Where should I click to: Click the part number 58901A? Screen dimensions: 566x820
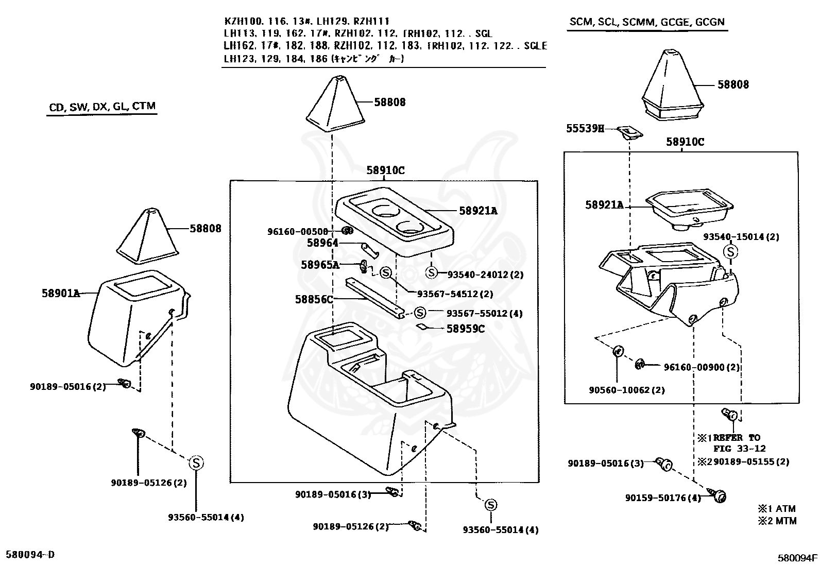(61, 294)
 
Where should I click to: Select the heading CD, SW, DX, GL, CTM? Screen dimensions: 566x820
(102, 107)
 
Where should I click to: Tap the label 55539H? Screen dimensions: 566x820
(585, 129)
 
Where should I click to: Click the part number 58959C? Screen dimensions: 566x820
(465, 329)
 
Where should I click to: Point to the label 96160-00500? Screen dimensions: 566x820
(297, 232)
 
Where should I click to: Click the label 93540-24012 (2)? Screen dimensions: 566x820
(485, 275)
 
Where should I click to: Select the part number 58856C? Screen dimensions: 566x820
(314, 299)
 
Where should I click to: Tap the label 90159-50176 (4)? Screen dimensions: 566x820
(663, 498)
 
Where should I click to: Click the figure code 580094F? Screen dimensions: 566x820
(797, 557)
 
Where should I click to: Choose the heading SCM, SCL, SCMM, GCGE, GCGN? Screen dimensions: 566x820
(647, 22)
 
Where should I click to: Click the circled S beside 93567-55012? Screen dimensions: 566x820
(420, 313)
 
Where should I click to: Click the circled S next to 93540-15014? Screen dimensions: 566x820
(731, 252)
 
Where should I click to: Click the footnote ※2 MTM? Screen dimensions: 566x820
(777, 521)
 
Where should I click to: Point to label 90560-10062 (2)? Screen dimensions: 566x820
(626, 390)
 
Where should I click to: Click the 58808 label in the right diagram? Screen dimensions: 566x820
(733, 84)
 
